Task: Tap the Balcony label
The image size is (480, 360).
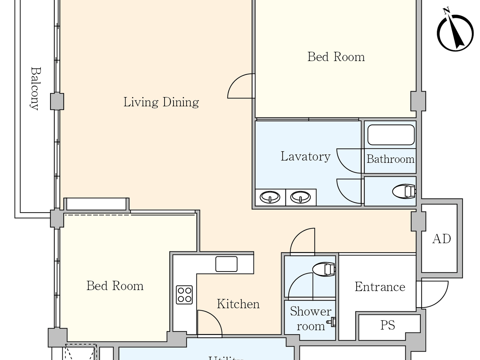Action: point(35,88)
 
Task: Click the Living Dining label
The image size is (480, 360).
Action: point(161,102)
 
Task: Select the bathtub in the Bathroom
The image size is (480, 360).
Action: point(391,135)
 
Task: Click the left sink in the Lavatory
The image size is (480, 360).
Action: point(270,197)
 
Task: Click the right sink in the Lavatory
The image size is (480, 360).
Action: point(300,197)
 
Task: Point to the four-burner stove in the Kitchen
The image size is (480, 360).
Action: point(184,295)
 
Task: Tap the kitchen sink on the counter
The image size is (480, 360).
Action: point(226,264)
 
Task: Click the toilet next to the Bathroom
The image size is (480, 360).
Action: point(404,191)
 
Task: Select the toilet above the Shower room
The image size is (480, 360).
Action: point(324,269)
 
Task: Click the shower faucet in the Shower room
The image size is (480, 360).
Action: point(332,322)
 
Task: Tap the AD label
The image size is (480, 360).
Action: point(441,239)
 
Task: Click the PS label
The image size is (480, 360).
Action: point(387,325)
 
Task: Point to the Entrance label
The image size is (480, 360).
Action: point(380,287)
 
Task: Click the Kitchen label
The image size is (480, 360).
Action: point(238,304)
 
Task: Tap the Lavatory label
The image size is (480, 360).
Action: point(305,156)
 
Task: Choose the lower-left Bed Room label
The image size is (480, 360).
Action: point(115,286)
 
